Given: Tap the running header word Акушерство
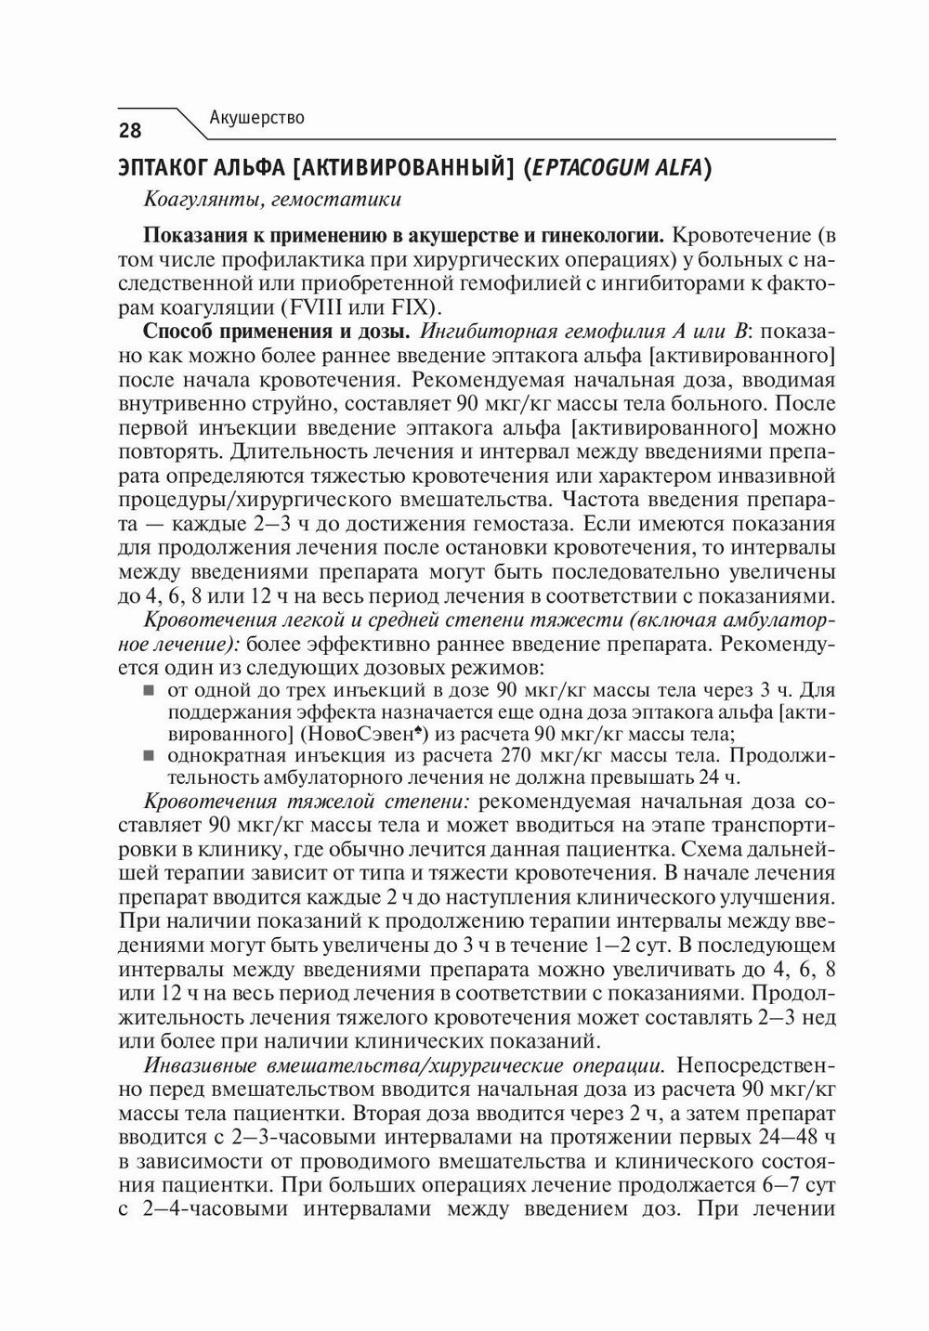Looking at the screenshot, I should point(257,118).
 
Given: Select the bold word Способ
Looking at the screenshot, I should point(179,332).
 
